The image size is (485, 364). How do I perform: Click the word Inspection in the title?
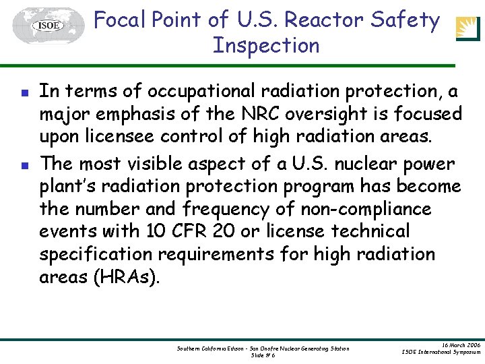[x=266, y=46]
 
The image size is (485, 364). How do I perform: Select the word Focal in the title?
[x=121, y=20]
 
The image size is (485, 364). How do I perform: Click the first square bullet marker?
[x=24, y=92]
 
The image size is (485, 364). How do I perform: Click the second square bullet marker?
[x=24, y=164]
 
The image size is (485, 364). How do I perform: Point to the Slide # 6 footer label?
[x=263, y=355]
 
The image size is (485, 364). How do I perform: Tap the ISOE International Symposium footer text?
[x=441, y=352]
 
